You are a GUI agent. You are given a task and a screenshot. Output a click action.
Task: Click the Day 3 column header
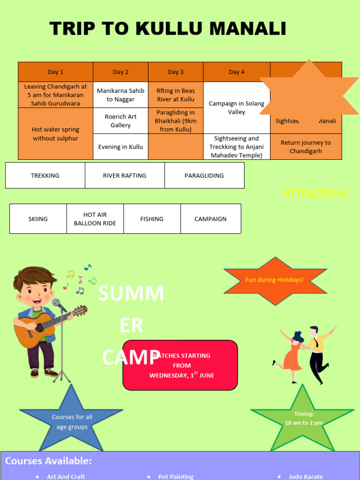(x=176, y=72)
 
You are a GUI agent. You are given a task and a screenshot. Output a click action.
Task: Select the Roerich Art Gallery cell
(x=120, y=121)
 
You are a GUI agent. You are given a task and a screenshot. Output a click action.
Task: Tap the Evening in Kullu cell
(x=120, y=147)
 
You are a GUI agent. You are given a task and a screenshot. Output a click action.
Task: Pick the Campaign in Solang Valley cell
(x=236, y=108)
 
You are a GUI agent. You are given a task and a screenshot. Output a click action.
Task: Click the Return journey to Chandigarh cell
(x=306, y=147)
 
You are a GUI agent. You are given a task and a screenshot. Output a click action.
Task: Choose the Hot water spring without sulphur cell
(x=55, y=134)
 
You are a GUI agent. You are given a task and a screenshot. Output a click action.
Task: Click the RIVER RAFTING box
(x=125, y=175)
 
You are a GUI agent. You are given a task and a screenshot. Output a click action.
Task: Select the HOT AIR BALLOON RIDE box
(x=95, y=219)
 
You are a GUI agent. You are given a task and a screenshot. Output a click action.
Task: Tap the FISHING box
(x=152, y=219)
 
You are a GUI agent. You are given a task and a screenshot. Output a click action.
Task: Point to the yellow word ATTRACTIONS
(x=315, y=194)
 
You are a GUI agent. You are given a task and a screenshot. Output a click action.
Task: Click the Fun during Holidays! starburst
(x=274, y=280)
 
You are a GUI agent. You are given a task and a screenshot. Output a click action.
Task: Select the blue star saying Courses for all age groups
(x=72, y=421)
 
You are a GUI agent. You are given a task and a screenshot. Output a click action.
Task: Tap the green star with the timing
(x=303, y=418)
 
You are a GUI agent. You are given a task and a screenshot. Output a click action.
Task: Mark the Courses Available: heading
(x=48, y=461)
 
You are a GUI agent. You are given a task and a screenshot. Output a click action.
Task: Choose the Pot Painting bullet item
(x=176, y=476)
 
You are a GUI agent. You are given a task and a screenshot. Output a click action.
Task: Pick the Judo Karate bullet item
(x=306, y=476)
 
